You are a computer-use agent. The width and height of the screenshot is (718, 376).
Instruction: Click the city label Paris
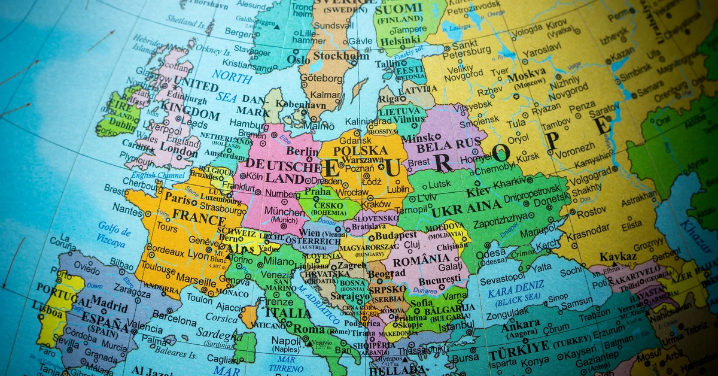click(178, 198)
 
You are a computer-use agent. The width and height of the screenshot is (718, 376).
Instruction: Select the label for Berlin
click(302, 151)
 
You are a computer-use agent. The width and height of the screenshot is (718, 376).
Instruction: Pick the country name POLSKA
click(361, 150)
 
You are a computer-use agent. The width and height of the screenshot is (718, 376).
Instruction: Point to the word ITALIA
click(288, 312)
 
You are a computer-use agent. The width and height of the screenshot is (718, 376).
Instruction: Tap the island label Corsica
click(221, 317)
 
